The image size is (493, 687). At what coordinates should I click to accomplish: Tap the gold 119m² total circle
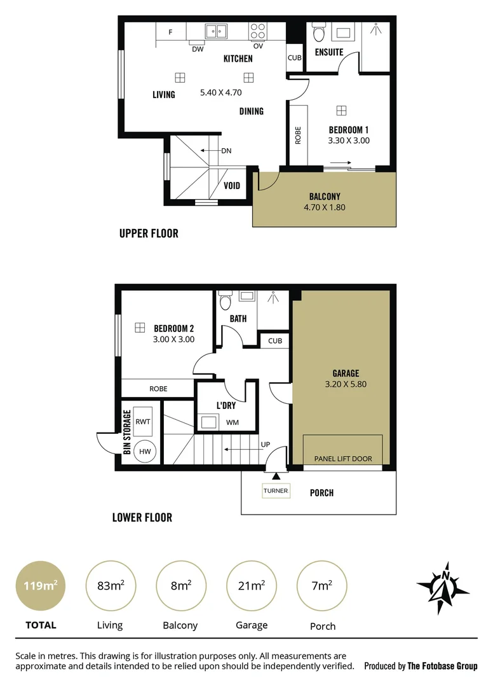40,586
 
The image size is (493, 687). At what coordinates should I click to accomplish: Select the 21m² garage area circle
252,586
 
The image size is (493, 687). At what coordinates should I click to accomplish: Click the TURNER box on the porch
276,490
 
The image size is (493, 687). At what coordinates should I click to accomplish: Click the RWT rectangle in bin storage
143,421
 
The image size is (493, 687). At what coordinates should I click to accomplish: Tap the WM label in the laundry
233,422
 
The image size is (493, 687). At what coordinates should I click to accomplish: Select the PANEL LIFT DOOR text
343,459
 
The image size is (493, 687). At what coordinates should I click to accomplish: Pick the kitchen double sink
217,31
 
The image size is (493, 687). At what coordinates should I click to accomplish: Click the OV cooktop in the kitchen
258,31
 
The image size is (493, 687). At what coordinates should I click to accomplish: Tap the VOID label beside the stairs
233,186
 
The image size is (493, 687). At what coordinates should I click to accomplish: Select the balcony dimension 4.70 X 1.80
324,207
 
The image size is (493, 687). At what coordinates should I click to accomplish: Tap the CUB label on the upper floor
294,58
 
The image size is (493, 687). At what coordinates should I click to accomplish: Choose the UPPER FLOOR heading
149,233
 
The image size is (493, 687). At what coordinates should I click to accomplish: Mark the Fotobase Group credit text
421,666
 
